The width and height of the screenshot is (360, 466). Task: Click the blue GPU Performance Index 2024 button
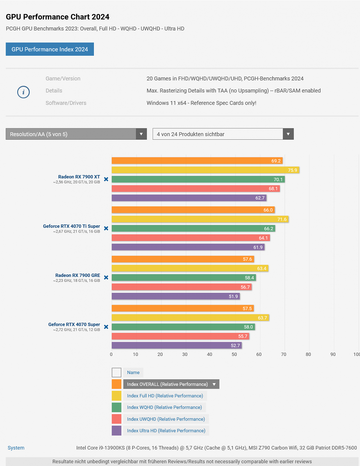point(50,49)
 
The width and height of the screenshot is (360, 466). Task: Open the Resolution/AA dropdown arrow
point(141,134)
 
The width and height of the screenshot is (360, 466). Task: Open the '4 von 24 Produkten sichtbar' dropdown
point(223,134)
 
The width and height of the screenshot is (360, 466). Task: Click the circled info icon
point(23,92)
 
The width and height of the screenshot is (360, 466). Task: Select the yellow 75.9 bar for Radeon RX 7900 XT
point(205,170)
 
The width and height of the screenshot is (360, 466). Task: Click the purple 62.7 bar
point(189,198)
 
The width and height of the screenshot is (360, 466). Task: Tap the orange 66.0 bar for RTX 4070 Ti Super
point(193,210)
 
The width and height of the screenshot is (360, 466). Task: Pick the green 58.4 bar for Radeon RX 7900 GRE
point(184,278)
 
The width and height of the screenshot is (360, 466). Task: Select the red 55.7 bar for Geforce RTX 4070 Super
point(180,336)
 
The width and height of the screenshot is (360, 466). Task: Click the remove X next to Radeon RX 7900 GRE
point(106,278)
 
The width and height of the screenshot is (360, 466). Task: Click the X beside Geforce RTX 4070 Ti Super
point(106,228)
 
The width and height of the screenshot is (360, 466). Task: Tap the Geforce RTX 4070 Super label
point(74,324)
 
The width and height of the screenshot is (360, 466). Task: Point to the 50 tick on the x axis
point(234,354)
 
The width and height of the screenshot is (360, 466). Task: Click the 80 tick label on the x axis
point(308,354)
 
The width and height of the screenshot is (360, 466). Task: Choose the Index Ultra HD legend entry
point(166,431)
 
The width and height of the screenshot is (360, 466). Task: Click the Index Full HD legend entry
point(165,396)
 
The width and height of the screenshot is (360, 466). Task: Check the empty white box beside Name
point(116,373)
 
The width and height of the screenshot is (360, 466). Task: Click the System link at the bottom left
point(16,448)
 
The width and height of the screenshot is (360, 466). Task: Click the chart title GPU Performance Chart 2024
point(58,17)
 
